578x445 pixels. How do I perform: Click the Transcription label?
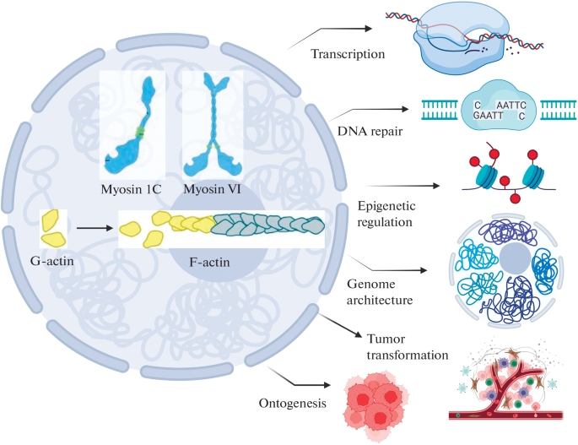pyautogui.click(x=348, y=54)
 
